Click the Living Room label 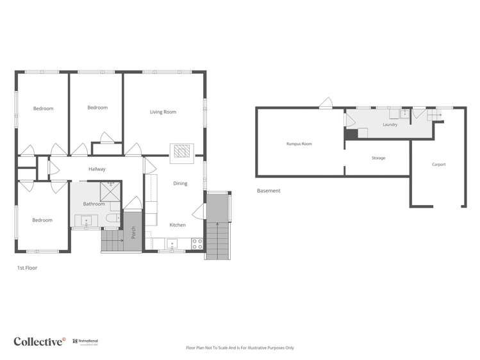(x=163, y=112)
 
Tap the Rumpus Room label (x=299, y=144)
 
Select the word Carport (x=438, y=165)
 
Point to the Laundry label (x=390, y=125)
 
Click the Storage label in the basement (x=378, y=158)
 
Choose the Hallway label (x=97, y=169)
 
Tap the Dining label (x=180, y=184)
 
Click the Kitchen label (x=178, y=225)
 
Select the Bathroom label (x=94, y=204)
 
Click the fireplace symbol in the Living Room (x=180, y=151)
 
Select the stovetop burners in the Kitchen (x=197, y=243)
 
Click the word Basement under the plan (x=269, y=191)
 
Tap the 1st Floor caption (x=27, y=268)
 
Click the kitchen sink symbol (x=172, y=244)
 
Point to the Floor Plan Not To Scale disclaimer (x=240, y=348)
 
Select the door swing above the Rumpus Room (x=326, y=103)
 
